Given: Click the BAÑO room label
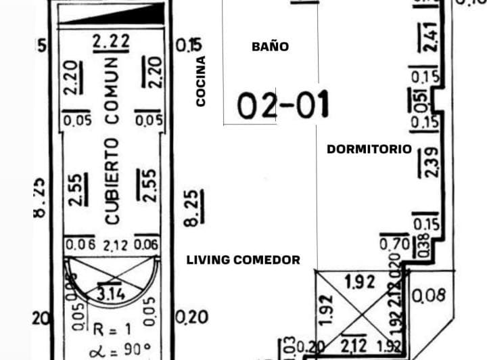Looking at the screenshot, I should pos(270,47).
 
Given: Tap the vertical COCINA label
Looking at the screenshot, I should pos(200,81).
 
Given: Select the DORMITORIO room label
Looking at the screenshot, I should pos(369,149).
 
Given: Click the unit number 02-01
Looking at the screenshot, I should pos(283,105).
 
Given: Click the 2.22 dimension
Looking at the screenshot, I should pos(111,42).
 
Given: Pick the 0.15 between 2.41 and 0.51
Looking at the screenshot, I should pos(425,78).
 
